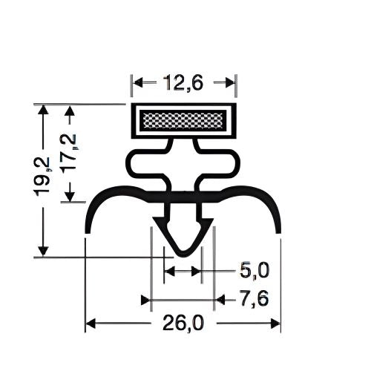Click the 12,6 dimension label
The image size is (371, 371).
183,84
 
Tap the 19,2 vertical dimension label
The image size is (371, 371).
45,176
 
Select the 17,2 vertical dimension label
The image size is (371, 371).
71,153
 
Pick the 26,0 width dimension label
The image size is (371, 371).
183,324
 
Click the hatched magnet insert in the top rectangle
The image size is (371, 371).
183,119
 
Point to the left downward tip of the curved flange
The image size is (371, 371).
88,229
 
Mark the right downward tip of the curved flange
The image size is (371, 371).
280,229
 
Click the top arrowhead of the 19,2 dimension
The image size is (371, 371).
45,108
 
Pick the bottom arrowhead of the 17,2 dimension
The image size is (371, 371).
71,198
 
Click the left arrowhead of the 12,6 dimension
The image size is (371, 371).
136,84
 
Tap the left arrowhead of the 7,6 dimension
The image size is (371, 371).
145,300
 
